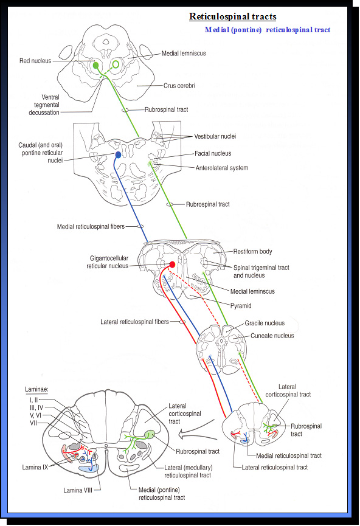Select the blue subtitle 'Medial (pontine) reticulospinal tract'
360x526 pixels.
[268, 30]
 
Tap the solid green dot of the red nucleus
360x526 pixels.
[95, 65]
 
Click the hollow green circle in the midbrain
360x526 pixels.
[116, 64]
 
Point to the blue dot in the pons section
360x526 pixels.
[118, 155]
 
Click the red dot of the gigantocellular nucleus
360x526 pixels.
[172, 265]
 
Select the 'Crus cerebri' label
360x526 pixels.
[179, 86]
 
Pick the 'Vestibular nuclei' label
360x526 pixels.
[215, 136]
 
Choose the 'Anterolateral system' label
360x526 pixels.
[221, 168]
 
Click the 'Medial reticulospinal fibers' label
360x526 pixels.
[91, 226]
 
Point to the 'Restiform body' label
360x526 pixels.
[253, 251]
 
